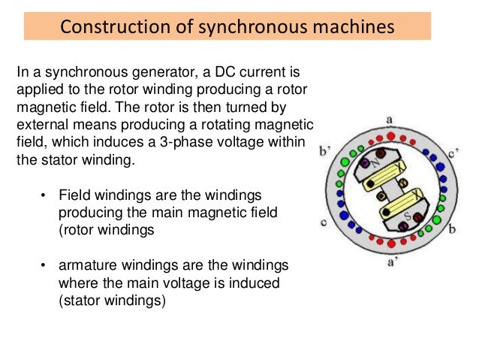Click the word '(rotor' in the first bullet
[77, 230]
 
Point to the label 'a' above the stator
[388, 119]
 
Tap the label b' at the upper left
[325, 150]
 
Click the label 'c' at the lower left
[323, 222]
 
